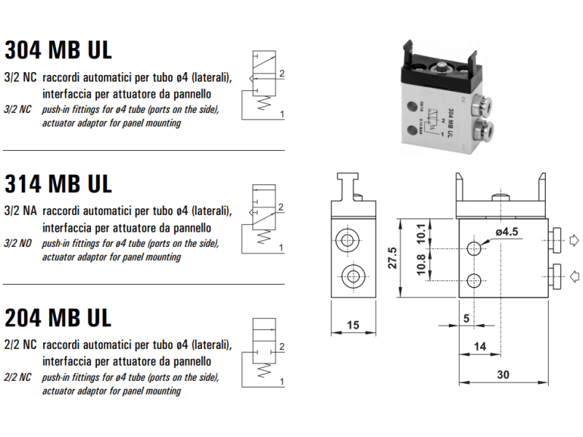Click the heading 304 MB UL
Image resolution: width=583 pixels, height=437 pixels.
(x=58, y=50)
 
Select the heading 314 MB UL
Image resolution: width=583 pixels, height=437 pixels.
(x=58, y=184)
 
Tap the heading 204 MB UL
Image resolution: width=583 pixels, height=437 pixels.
(x=58, y=318)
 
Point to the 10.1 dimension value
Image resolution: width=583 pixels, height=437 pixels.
(x=420, y=232)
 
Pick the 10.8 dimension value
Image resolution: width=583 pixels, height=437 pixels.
(x=420, y=265)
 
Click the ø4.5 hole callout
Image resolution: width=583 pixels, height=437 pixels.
(x=506, y=232)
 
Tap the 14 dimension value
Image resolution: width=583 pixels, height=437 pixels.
(x=479, y=347)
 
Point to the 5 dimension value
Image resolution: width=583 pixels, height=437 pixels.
(x=466, y=318)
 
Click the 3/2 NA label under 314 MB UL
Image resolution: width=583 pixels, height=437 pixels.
(x=20, y=211)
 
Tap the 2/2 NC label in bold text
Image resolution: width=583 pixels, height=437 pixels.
(x=20, y=344)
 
